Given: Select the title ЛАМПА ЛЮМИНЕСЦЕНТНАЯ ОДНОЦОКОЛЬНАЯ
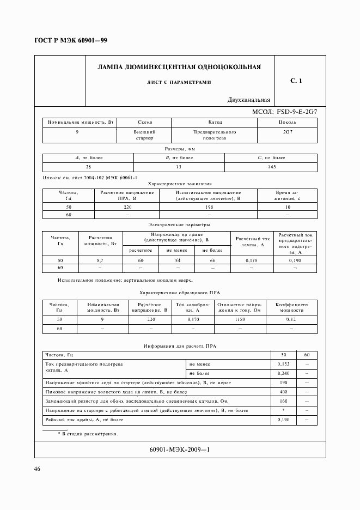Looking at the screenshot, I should (x=179, y=68).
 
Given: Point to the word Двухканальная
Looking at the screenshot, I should (x=249, y=100).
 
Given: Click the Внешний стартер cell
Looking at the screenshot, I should (x=144, y=135).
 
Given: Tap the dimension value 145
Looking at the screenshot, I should (x=271, y=167).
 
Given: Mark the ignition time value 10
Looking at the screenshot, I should (x=287, y=208).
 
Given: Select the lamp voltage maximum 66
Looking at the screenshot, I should (x=212, y=261).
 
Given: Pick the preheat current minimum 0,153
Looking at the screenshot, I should (x=283, y=363).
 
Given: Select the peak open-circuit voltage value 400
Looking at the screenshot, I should (x=283, y=392).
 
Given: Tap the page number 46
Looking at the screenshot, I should (x=38, y=469).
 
